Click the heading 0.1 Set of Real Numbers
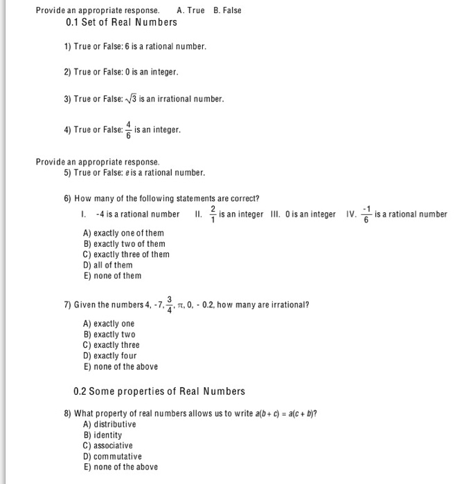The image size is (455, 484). click(121, 22)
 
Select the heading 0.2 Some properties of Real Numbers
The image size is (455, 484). click(159, 391)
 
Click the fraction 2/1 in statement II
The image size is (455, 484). click(213, 214)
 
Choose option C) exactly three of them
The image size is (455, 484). click(126, 254)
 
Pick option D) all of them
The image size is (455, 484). click(107, 265)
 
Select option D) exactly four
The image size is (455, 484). click(109, 355)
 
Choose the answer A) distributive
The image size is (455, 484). click(109, 424)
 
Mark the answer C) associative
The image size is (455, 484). click(107, 446)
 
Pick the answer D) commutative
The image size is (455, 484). click(112, 456)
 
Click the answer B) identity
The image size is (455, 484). click(102, 435)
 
